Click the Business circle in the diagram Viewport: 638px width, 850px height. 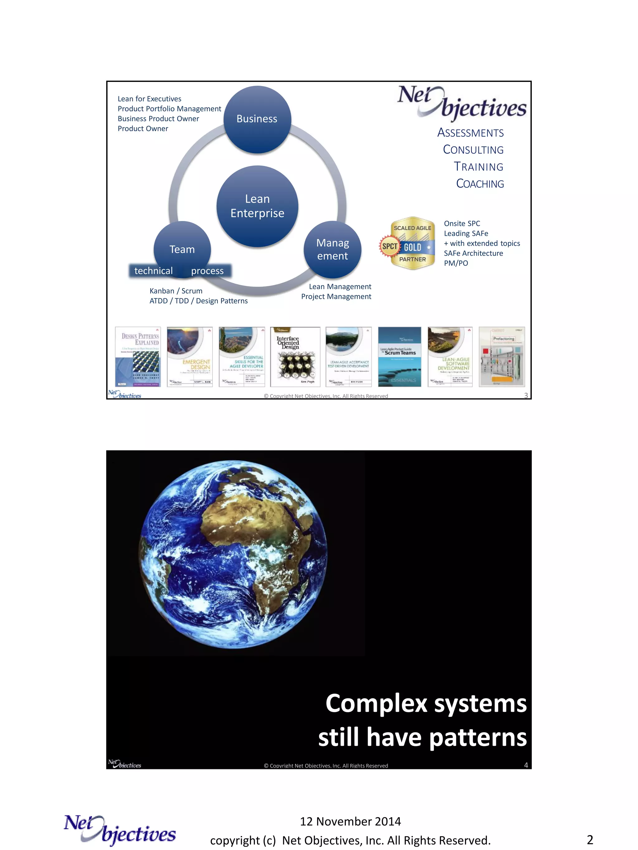[257, 119]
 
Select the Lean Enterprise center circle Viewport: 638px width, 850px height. [257, 206]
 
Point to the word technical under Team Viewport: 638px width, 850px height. [154, 271]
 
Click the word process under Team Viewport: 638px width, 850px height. [207, 271]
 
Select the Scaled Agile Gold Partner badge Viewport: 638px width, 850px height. [408, 243]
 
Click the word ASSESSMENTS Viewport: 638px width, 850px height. [470, 133]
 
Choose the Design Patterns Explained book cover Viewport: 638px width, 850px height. [138, 357]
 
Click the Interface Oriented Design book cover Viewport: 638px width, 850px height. [295, 357]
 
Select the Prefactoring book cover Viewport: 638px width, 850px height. [502, 357]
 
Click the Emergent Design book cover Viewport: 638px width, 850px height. [190, 357]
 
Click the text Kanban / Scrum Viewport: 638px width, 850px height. [176, 291]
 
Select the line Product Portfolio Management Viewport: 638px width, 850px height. [169, 109]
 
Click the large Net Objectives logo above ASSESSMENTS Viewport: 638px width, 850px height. [461, 101]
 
